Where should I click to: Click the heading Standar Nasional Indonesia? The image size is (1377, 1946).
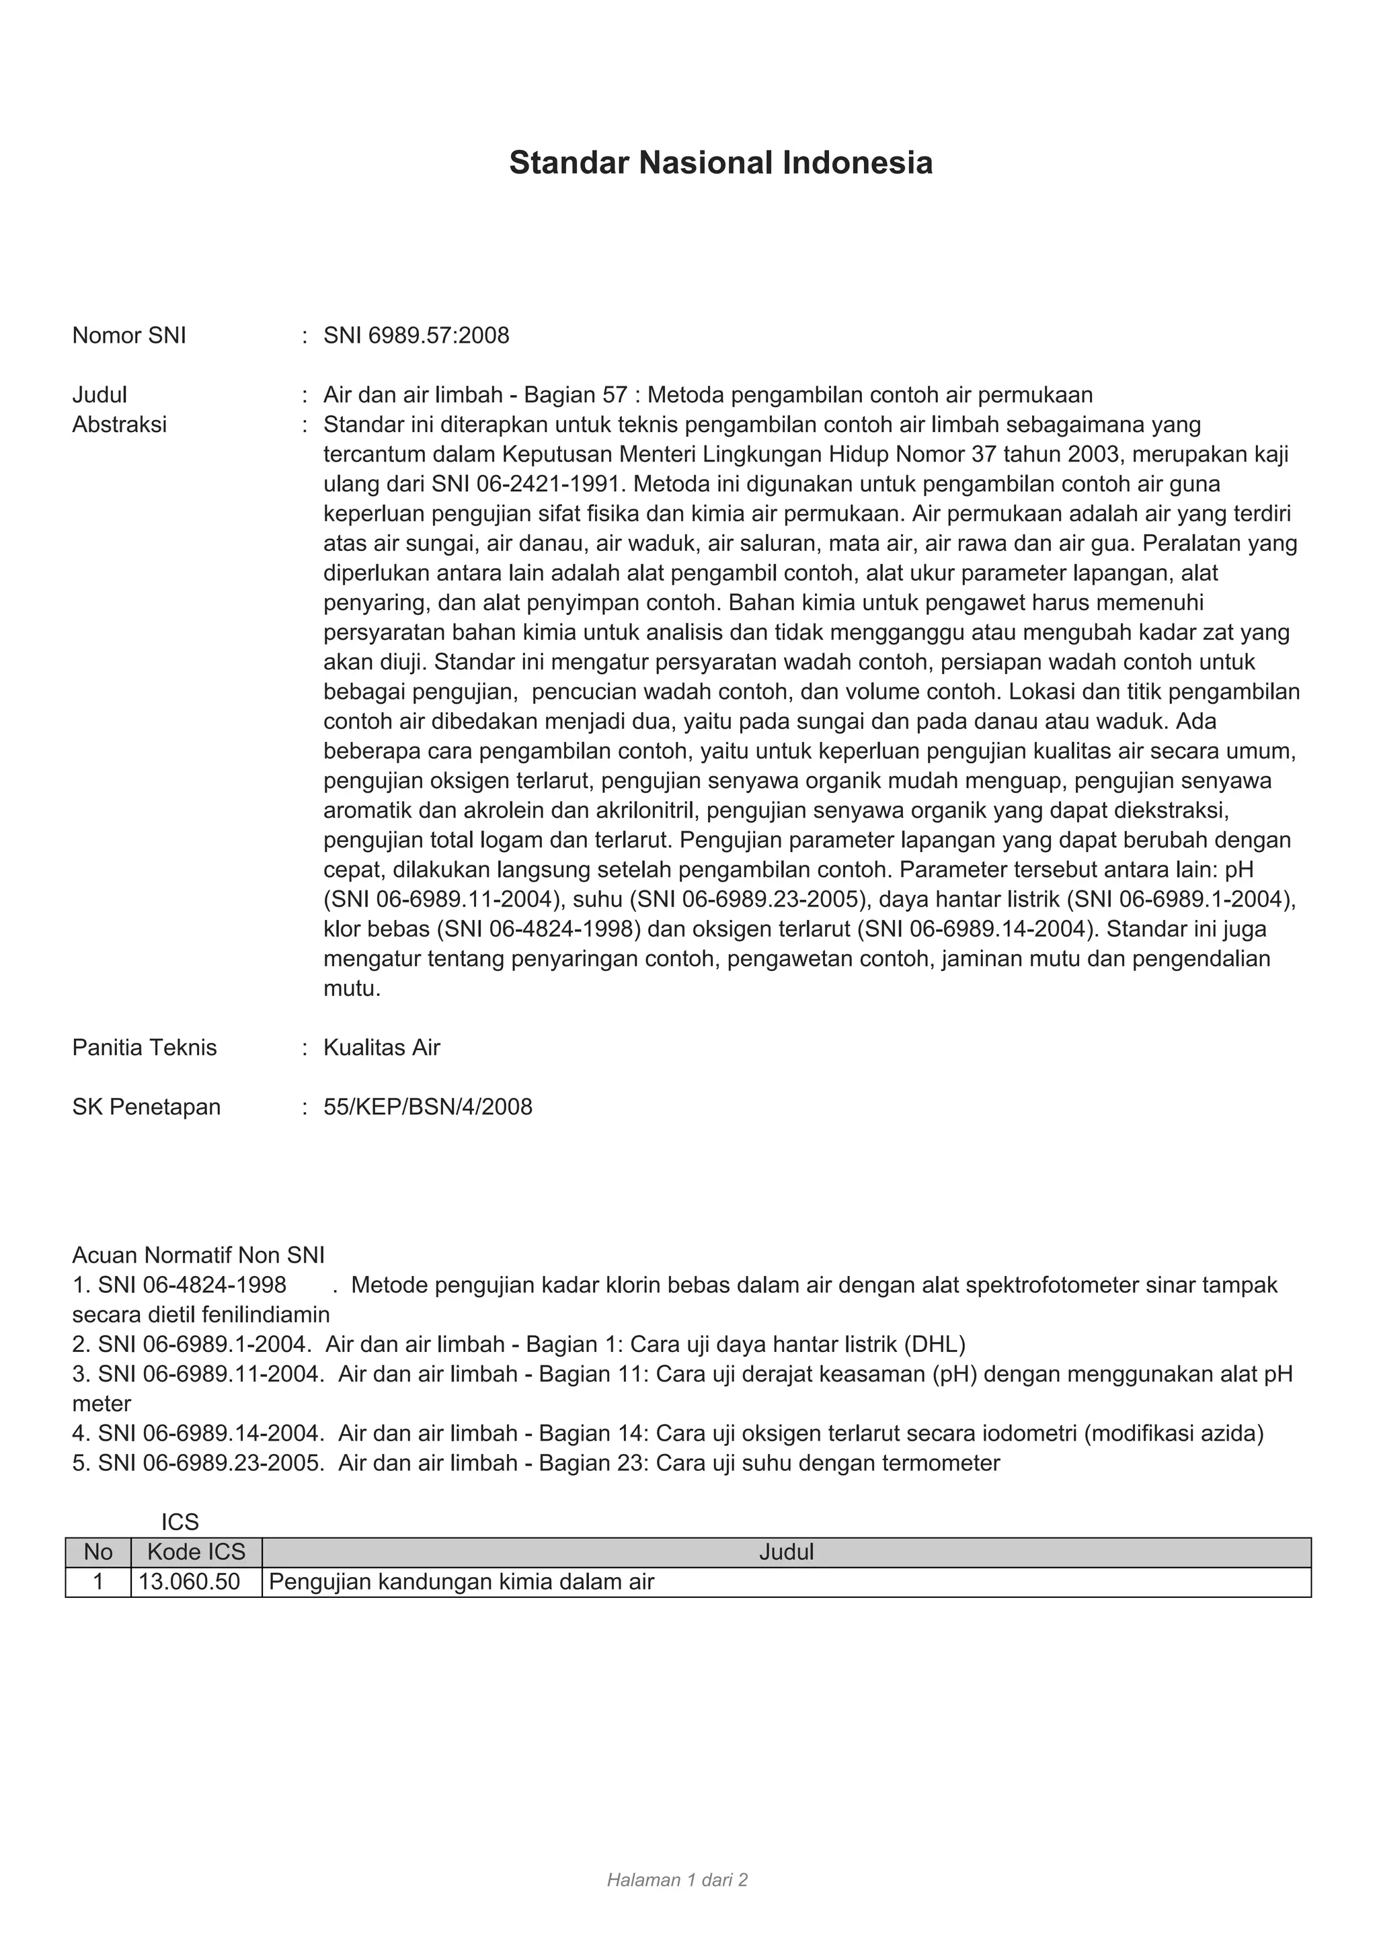tap(720, 163)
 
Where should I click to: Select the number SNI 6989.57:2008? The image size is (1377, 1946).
tap(416, 335)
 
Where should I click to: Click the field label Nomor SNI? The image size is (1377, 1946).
tap(129, 335)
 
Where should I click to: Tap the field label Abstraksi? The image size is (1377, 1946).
tap(120, 425)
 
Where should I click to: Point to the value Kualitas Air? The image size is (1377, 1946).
tap(381, 1048)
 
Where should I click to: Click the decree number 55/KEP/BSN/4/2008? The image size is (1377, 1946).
tap(428, 1107)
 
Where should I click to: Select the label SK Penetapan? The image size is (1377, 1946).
tap(146, 1107)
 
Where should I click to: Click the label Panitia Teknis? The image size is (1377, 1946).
tap(144, 1048)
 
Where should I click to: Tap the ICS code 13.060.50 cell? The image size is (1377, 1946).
tap(190, 1582)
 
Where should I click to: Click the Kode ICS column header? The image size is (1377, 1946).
tap(196, 1552)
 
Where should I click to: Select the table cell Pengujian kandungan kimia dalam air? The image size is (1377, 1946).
tap(461, 1582)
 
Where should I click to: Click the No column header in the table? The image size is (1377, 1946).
tap(98, 1552)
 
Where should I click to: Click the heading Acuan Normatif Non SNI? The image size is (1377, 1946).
tap(198, 1255)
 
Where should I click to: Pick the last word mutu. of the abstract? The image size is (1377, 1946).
tap(352, 988)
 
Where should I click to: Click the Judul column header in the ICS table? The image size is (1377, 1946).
tap(786, 1552)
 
